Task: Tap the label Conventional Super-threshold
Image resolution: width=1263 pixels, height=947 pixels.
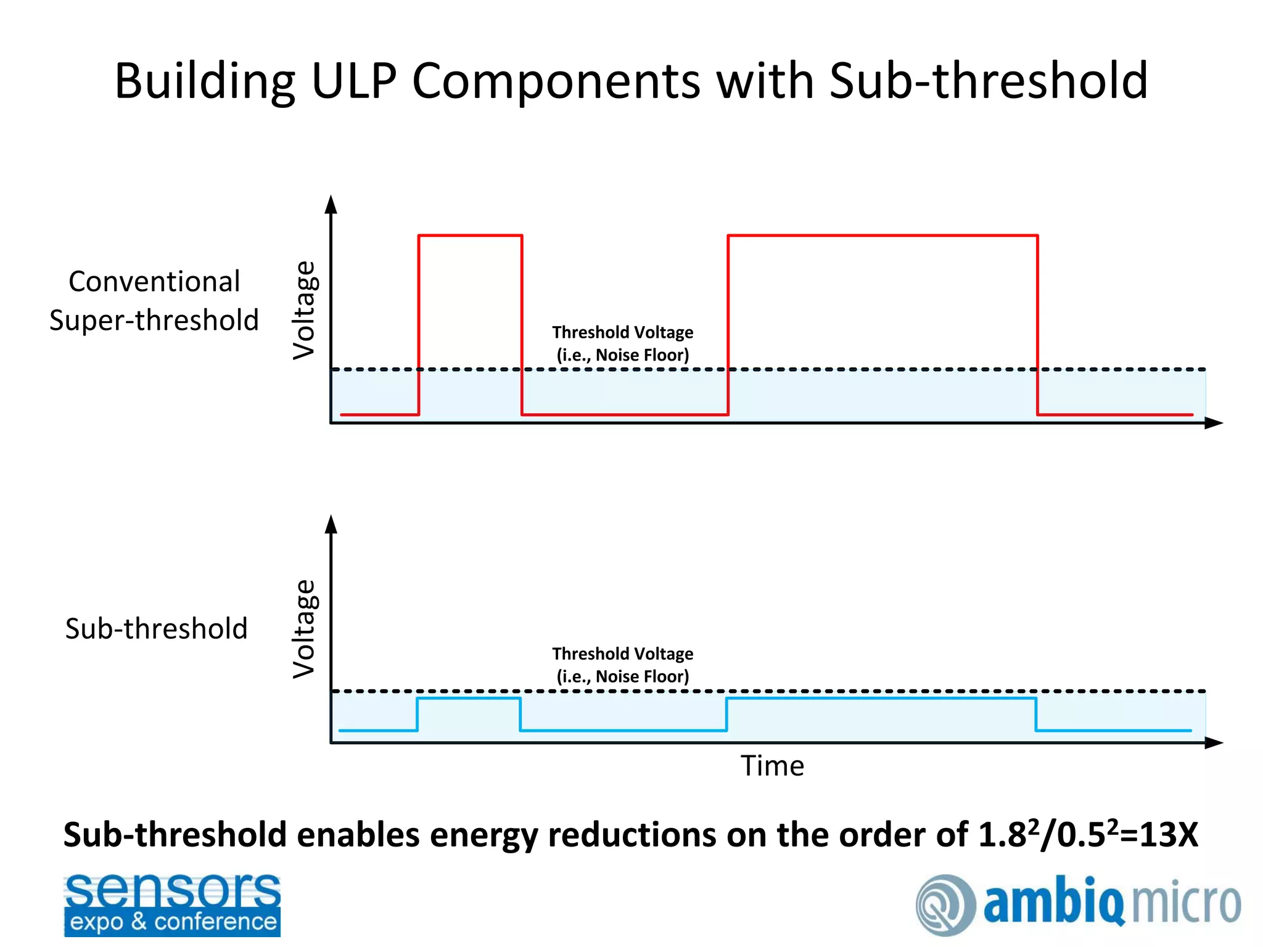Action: coord(154,301)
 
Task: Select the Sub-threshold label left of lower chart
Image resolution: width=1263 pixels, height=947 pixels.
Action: coord(156,629)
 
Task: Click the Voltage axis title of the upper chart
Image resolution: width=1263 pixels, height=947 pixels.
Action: coord(303,310)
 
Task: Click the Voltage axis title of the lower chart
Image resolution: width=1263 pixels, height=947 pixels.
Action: coord(303,629)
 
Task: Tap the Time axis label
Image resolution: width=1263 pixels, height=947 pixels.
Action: coord(772,766)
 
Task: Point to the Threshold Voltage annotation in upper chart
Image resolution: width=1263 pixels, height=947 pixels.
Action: coord(622,343)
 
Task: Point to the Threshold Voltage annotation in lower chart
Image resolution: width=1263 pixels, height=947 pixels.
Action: coord(622,665)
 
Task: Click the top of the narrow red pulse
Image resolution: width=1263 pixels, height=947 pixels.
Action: coord(470,235)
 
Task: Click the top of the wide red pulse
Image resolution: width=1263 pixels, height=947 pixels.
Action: coord(882,235)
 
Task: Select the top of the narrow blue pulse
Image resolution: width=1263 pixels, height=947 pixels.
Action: coord(469,698)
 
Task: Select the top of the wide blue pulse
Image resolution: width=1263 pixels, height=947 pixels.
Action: coord(881,698)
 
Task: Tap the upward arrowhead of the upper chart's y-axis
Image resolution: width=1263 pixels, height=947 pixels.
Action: coord(331,205)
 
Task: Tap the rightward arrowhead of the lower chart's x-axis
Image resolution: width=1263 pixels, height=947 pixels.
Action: coord(1214,742)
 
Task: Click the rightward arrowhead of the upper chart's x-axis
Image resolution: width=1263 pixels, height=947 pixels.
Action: coord(1214,423)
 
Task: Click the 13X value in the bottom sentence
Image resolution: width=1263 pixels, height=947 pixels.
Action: coord(1168,835)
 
